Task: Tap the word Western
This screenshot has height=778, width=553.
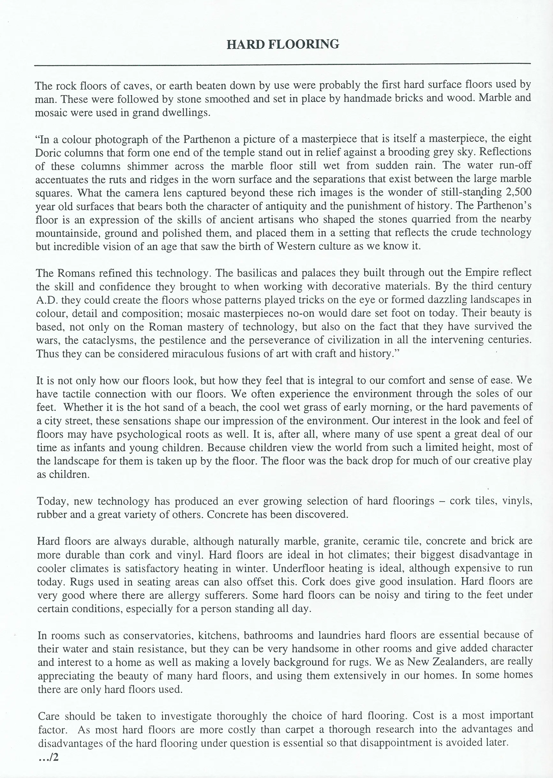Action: click(295, 246)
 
